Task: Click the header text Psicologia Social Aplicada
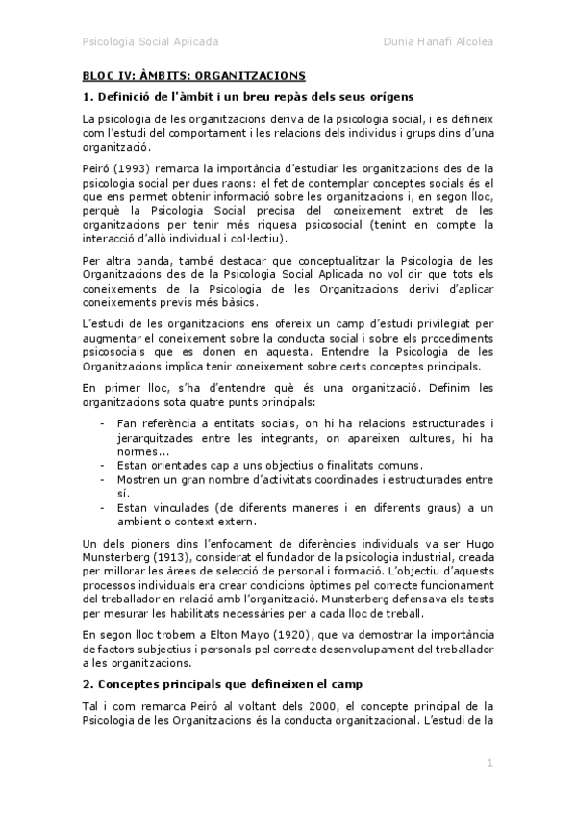click(150, 42)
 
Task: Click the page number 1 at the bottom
click(489, 763)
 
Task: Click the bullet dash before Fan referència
click(103, 422)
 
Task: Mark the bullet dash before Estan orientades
click(103, 464)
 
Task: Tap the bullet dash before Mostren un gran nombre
click(103, 478)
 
